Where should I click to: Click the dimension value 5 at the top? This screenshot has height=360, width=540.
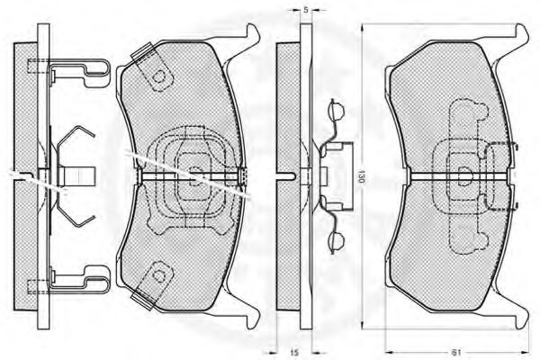(x=306, y=10)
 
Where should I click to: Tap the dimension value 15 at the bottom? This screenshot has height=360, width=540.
(x=293, y=353)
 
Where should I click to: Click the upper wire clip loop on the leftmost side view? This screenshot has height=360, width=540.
(x=80, y=72)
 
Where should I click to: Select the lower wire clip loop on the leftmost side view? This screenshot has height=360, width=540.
(x=80, y=280)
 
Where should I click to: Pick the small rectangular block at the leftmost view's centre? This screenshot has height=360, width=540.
(x=76, y=176)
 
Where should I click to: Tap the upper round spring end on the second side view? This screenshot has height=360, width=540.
(x=336, y=110)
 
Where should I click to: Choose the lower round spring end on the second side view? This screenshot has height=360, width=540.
(x=336, y=241)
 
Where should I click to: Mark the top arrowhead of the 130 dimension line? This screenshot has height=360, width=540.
(x=362, y=30)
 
